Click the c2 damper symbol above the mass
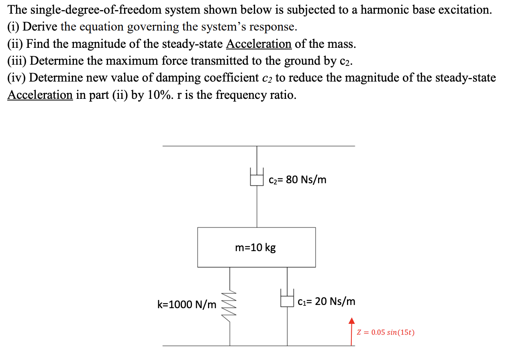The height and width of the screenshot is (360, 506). [x=257, y=179]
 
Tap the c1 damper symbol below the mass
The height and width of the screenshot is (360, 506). [x=287, y=301]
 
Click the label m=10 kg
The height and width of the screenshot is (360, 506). [x=255, y=247]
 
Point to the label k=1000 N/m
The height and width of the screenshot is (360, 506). [x=186, y=304]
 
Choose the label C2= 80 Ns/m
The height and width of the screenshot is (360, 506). [x=298, y=180]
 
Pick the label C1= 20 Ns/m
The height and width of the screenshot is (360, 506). [x=326, y=301]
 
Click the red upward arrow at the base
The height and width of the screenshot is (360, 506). [x=352, y=331]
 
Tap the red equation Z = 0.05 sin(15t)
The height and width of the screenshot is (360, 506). [x=386, y=333]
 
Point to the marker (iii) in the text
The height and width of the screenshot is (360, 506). [x=17, y=61]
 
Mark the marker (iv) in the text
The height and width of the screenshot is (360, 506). [x=16, y=78]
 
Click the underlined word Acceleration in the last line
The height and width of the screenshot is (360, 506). [x=40, y=95]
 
